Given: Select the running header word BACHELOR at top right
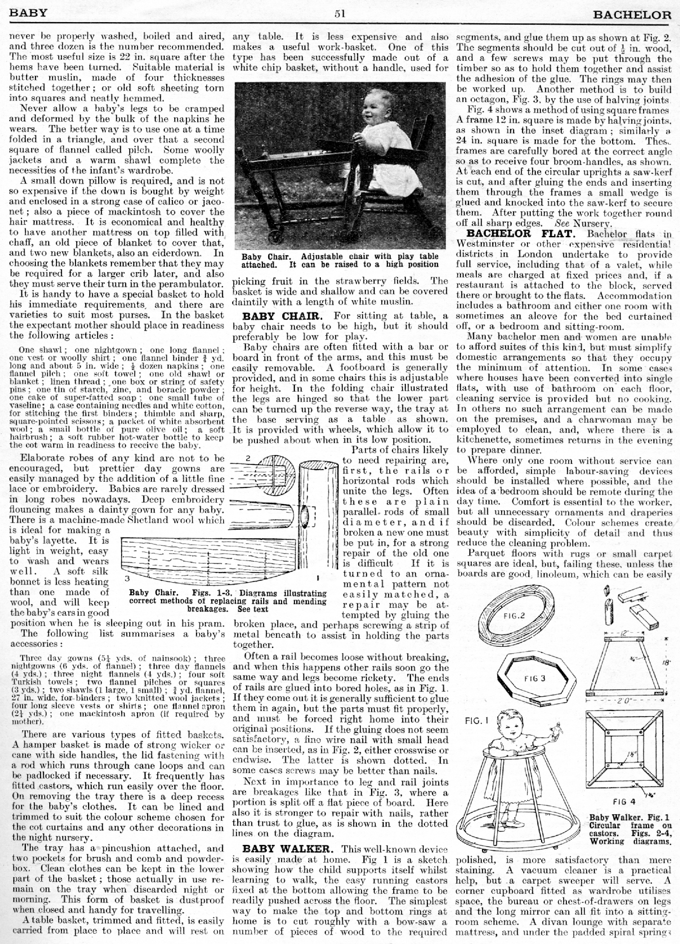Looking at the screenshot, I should [x=632, y=16].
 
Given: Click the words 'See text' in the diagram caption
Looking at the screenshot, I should [x=252, y=609].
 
